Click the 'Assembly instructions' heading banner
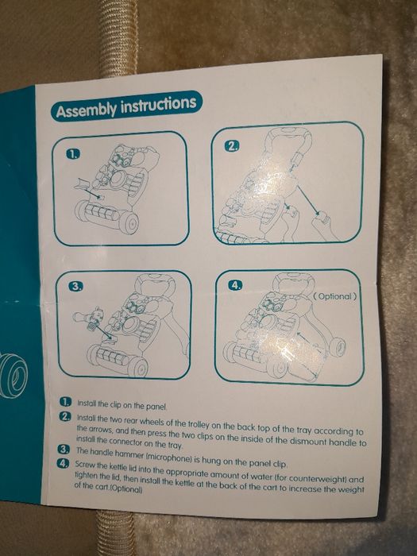click(125, 106)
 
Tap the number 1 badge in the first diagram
click(73, 153)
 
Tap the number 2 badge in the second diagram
click(233, 146)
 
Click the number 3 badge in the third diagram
click(75, 287)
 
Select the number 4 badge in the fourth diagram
click(235, 284)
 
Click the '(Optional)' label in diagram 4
click(334, 296)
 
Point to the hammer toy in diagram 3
click(89, 318)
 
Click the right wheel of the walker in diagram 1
click(129, 223)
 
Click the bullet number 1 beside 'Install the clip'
click(65, 402)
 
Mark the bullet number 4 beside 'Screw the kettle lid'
click(63, 463)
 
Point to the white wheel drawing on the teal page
click(14, 375)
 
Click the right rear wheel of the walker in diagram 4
click(338, 346)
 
